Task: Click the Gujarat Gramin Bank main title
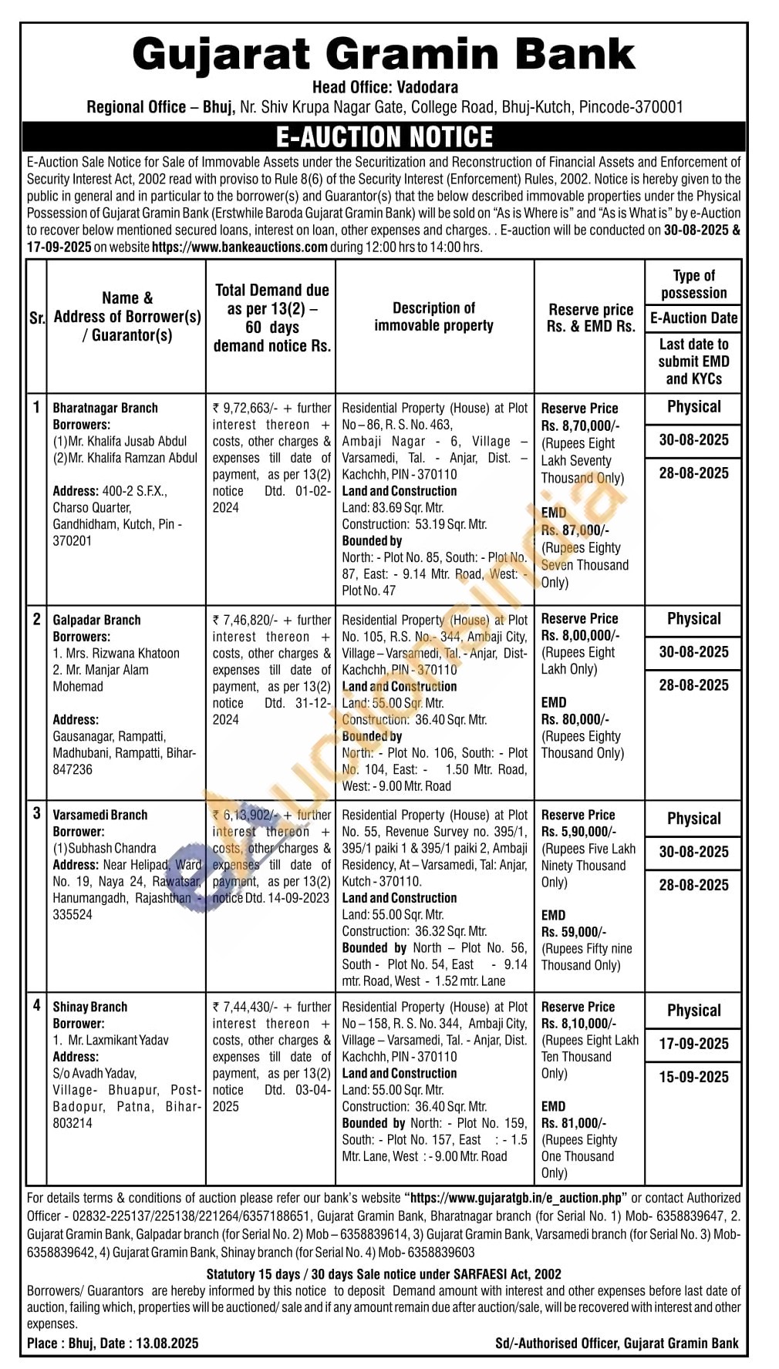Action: (383, 54)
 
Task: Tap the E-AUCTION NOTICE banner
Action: (383, 137)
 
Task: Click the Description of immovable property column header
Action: (434, 317)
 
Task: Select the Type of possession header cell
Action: (693, 284)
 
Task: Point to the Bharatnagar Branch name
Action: (105, 408)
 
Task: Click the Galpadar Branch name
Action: (96, 620)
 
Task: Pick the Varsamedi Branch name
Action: (99, 815)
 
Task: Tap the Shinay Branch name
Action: (89, 1007)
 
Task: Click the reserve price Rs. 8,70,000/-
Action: (580, 425)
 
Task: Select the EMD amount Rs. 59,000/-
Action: (574, 932)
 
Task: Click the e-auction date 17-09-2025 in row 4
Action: (693, 1044)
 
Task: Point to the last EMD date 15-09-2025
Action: (693, 1077)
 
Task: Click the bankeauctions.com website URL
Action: (240, 247)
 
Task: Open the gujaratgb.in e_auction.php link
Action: (516, 1198)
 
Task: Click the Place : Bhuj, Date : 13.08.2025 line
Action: (113, 1343)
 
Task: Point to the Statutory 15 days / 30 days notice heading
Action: (383, 1273)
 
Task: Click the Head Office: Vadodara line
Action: (385, 87)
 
